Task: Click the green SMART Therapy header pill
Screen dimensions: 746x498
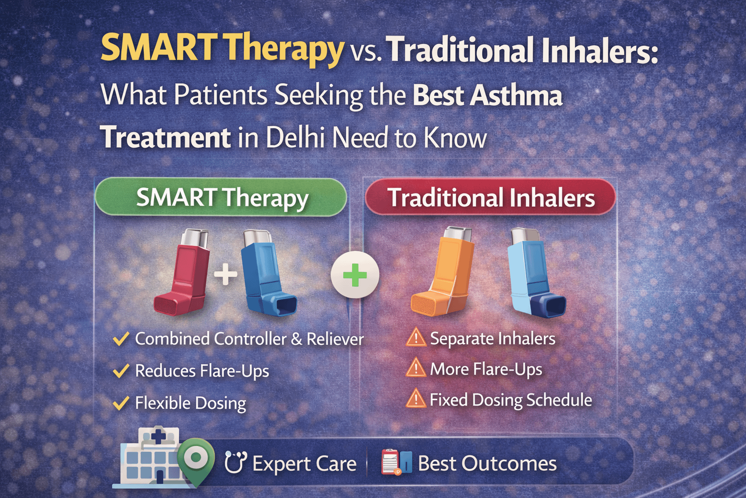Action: coord(221,197)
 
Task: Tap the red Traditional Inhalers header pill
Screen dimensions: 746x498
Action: coord(491,197)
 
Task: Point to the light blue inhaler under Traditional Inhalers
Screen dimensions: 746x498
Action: coord(536,273)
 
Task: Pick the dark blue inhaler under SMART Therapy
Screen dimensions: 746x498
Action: coord(269,272)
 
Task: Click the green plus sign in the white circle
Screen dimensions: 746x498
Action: coord(355,274)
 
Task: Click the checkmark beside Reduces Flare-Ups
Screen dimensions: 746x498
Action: coord(121,371)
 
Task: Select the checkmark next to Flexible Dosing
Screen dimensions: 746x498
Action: coord(121,403)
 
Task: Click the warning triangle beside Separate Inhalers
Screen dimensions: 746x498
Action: coord(416,338)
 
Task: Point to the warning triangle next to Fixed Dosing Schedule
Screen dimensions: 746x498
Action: coord(416,399)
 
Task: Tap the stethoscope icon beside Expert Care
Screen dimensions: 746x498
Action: coord(236,462)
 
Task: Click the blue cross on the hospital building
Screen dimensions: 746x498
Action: coord(158,436)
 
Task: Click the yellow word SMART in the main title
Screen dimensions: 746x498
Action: coord(156,48)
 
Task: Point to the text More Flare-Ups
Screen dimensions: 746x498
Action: coord(486,369)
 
